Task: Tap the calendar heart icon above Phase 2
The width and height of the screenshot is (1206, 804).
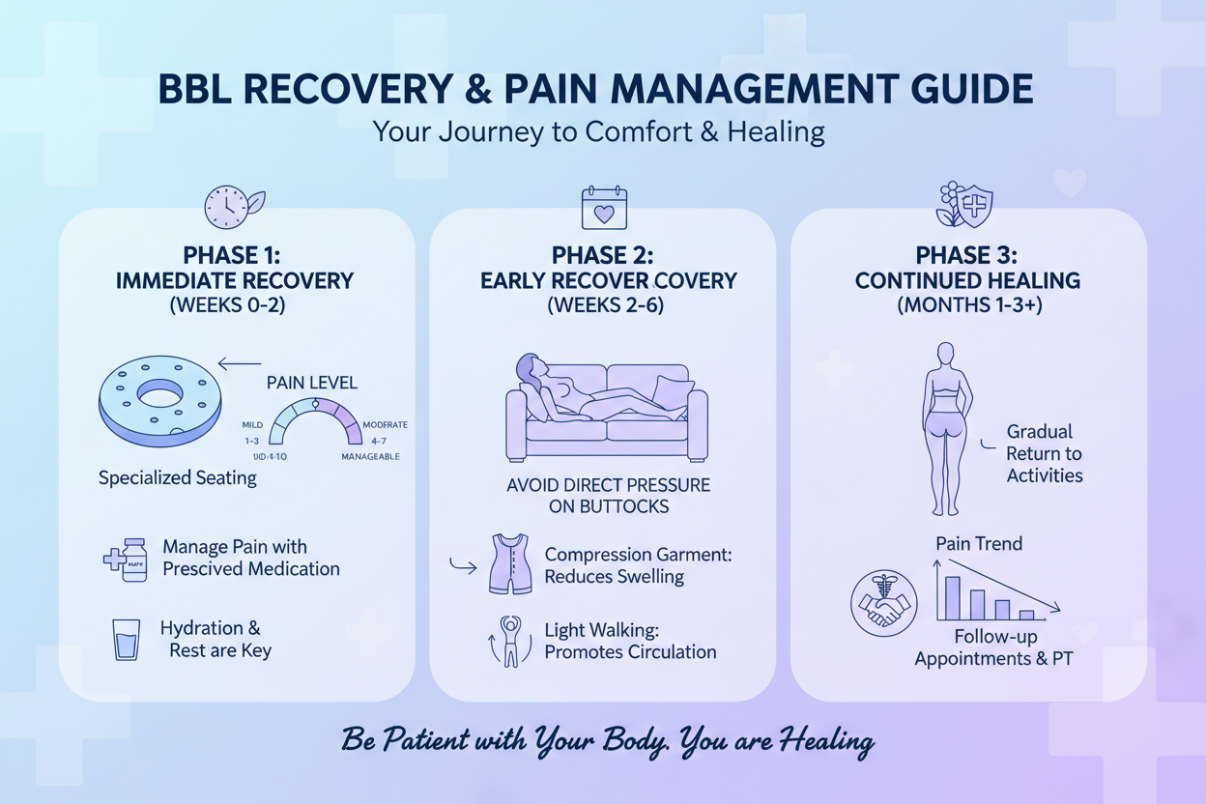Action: (604, 208)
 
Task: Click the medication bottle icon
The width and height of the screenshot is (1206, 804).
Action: (132, 560)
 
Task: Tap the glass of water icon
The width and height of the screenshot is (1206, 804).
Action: (127, 640)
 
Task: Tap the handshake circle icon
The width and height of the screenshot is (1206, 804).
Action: (882, 603)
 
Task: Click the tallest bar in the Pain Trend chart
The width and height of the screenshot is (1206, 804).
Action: (951, 597)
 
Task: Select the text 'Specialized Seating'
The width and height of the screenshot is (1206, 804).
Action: (178, 477)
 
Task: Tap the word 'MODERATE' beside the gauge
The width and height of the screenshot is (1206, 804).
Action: (385, 424)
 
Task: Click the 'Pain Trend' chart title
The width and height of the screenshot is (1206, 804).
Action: (979, 544)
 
